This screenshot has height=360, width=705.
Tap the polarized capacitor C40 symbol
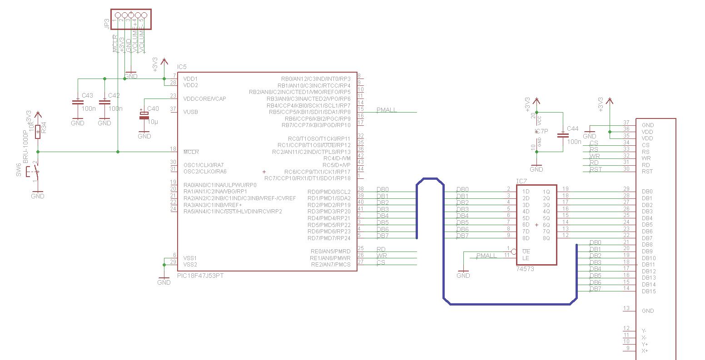tap(144, 116)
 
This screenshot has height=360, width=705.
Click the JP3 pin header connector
tap(130, 15)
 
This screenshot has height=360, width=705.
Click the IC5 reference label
tap(182, 67)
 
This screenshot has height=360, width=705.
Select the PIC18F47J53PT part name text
tap(200, 275)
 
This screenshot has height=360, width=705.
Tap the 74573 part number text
tap(525, 269)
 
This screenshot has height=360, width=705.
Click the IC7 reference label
tap(521, 182)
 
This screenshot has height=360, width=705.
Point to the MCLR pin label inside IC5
tap(191, 152)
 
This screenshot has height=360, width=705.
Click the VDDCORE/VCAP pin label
tap(204, 99)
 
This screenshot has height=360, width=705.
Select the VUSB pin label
tap(191, 112)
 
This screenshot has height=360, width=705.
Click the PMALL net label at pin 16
tap(387, 110)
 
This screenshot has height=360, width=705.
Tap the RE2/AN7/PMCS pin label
tap(330, 264)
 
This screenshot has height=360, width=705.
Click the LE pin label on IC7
tap(526, 258)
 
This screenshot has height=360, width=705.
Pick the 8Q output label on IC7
tap(547, 238)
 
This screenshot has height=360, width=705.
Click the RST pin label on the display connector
tap(647, 171)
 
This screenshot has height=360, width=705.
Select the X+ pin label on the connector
tap(644, 350)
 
